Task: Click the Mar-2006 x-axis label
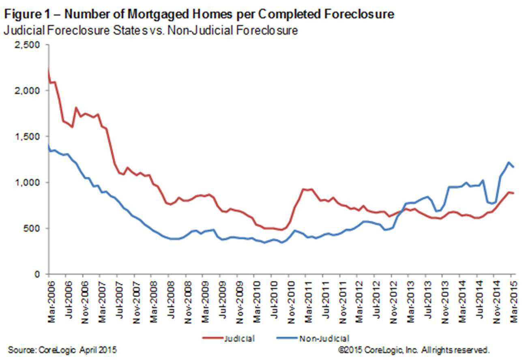(51, 300)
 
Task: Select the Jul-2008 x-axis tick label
(170, 300)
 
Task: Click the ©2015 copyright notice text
(414, 349)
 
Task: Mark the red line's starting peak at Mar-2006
(49, 70)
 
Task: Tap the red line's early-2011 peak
(303, 189)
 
